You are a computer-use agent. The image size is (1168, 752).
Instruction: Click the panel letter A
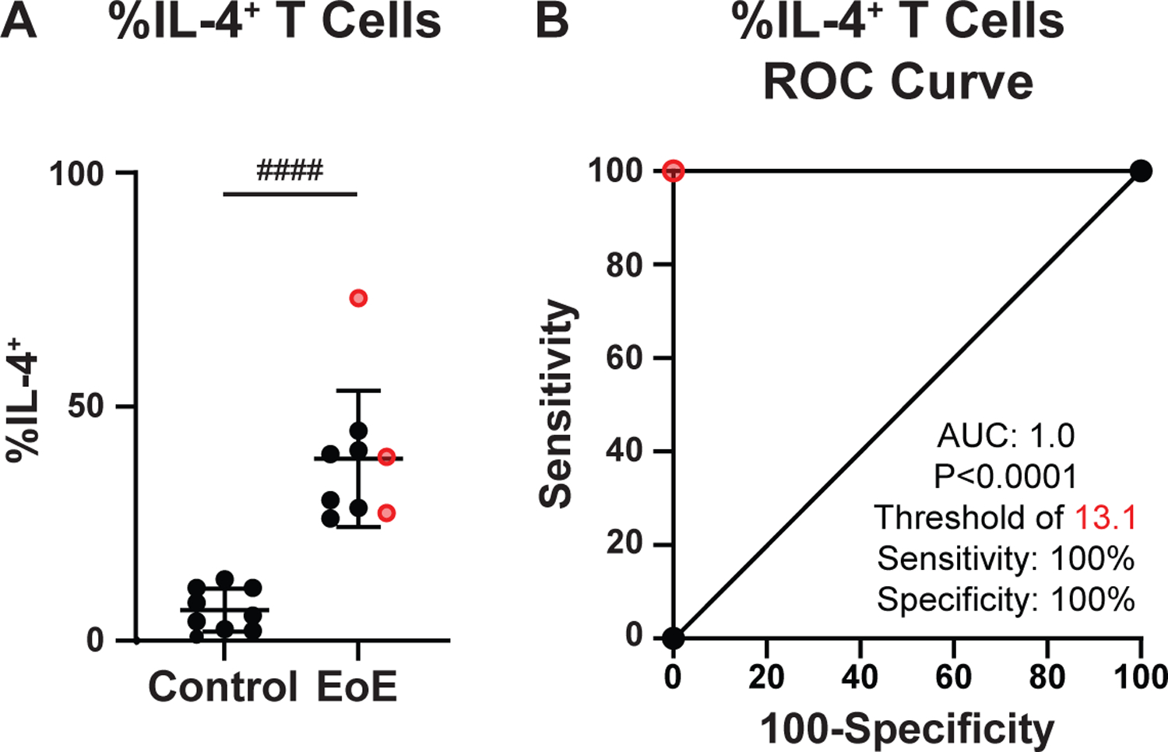[19, 21]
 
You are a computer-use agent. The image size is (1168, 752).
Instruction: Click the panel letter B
[552, 21]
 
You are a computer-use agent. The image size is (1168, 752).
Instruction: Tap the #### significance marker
[290, 170]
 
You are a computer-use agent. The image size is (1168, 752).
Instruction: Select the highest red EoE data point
[358, 298]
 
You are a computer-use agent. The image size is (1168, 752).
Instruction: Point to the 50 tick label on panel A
[86, 406]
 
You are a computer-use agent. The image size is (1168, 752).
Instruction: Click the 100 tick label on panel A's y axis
[76, 174]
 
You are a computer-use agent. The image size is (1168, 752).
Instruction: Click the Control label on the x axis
[223, 687]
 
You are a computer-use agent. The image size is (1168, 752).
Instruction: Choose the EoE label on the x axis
[357, 687]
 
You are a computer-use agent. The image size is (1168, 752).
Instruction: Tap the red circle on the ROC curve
[674, 171]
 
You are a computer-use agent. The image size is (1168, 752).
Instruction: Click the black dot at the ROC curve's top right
[1141, 171]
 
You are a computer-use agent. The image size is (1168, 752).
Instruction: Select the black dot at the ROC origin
[674, 639]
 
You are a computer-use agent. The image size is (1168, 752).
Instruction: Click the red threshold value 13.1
[1106, 518]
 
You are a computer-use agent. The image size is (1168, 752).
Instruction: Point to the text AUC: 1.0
[1005, 436]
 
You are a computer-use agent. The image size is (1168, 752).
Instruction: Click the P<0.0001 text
[1005, 476]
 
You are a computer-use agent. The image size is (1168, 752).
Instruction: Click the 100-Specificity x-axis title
[906, 730]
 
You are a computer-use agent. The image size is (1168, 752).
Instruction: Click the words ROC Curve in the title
[898, 81]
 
